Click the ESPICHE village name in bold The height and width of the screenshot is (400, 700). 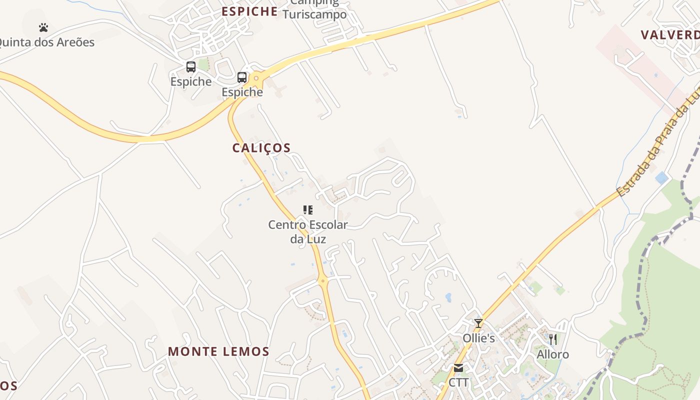[249, 11]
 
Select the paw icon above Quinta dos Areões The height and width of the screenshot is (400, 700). [43, 27]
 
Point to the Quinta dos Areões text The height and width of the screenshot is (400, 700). [46, 42]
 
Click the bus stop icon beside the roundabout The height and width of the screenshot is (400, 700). [242, 77]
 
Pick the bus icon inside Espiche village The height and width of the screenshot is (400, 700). [190, 67]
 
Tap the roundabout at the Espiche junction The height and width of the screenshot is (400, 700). [256, 78]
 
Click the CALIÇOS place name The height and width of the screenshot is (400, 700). [261, 148]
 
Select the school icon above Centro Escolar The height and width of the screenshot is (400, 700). [308, 210]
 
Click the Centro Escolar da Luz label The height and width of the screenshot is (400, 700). [308, 231]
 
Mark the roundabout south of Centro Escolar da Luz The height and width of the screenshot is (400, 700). [323, 280]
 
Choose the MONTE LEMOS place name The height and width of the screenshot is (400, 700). [218, 351]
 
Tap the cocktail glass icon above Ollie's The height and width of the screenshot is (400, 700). [478, 323]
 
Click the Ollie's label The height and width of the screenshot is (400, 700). [478, 338]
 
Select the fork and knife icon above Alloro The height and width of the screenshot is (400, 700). [552, 339]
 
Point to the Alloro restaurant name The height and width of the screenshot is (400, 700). [552, 354]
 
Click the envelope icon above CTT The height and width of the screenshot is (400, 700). [458, 368]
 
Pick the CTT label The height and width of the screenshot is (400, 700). [458, 382]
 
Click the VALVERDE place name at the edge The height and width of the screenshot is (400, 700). [670, 35]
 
